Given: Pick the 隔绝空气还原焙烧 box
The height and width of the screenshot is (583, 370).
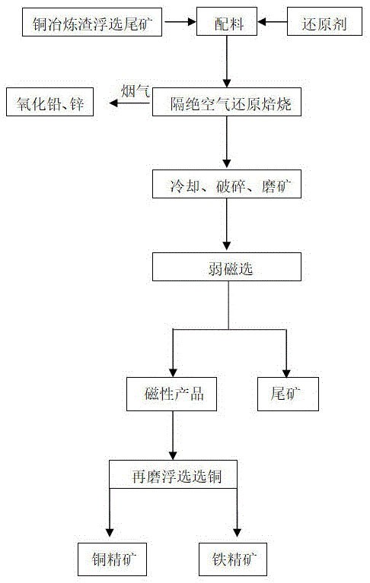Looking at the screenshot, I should [x=227, y=103].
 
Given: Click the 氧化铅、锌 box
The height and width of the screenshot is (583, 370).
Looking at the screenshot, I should [x=50, y=103].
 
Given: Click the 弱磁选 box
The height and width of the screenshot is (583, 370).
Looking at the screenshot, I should [x=227, y=267].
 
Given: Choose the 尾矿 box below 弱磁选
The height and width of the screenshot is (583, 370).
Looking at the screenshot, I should [x=286, y=394].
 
